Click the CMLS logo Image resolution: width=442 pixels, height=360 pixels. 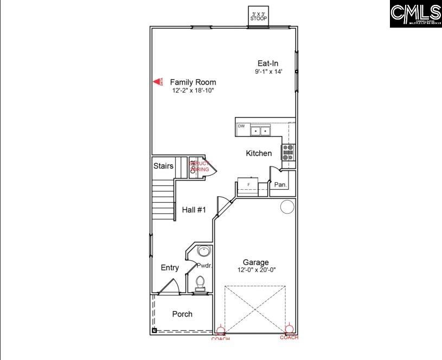coord(415,14)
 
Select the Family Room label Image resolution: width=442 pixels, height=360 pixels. coord(189,82)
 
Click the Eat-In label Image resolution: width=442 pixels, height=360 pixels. coord(268,63)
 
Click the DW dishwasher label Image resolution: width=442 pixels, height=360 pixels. coord(241,126)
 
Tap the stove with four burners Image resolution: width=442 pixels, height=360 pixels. coord(289,152)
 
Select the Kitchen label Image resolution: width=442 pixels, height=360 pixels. coord(259,153)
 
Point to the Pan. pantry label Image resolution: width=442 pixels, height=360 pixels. coord(280,185)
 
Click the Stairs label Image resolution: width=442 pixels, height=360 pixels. coord(163,166)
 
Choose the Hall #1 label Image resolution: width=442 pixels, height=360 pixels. coord(194,210)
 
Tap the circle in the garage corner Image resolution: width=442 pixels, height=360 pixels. coord(287,207)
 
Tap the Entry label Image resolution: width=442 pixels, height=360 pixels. coord(170,268)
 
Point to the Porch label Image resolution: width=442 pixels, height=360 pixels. coord(182,314)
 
